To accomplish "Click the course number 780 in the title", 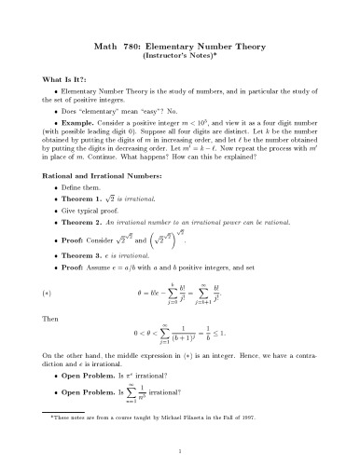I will [x=136, y=45].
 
